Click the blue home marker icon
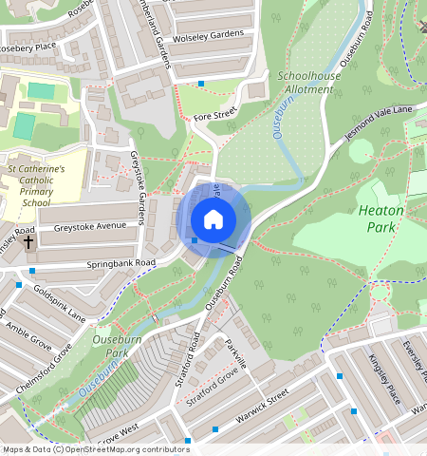213,219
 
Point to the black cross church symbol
28,242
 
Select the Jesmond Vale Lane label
379,123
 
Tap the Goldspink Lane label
59,302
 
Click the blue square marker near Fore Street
201,84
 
